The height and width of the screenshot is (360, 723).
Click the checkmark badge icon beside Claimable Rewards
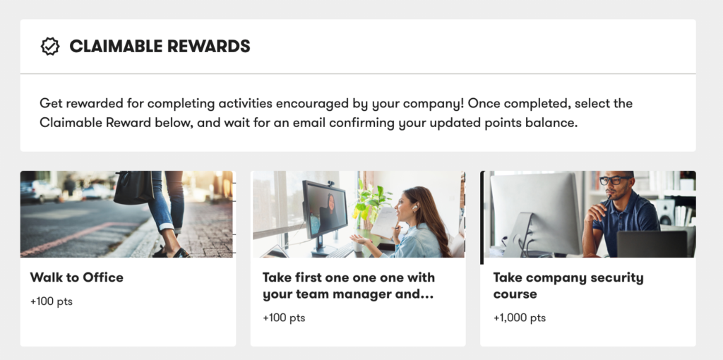pos(50,47)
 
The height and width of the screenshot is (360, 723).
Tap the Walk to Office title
pos(76,277)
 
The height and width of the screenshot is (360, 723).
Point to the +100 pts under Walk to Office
pos(51,301)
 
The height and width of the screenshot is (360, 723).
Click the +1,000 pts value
pos(519,318)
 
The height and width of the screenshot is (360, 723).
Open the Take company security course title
pos(568,286)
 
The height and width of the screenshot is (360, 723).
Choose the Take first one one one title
pos(349,286)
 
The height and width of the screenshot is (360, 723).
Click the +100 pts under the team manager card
pos(284,318)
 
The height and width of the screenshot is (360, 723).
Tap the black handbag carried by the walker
pos(133,188)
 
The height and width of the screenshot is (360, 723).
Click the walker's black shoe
pos(173,252)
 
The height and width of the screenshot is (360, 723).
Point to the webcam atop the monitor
pos(330,184)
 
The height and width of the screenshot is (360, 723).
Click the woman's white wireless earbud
pos(415,208)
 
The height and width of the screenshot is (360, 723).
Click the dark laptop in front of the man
pos(652,244)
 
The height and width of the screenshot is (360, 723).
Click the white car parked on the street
pos(40,191)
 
